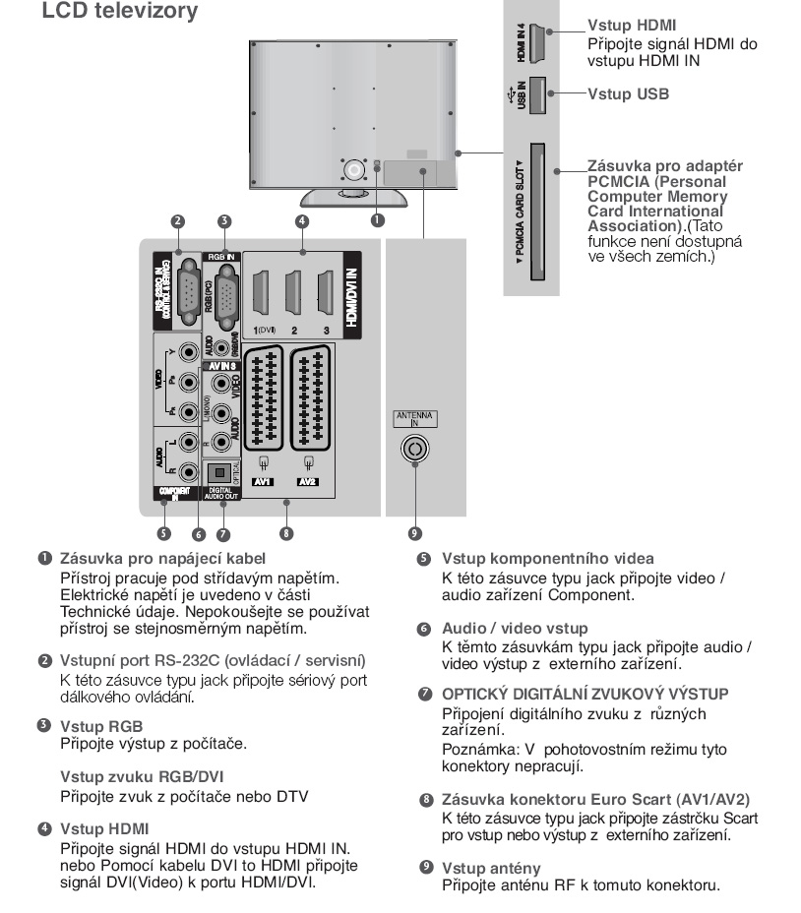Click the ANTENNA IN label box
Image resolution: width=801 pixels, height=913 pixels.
coord(415,419)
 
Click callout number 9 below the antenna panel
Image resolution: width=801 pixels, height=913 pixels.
coord(415,533)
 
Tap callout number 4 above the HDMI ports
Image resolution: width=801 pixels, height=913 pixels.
coord(302,221)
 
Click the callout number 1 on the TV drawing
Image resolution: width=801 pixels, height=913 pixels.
coord(377,220)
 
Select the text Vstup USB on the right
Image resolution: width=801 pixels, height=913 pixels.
coord(628,94)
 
